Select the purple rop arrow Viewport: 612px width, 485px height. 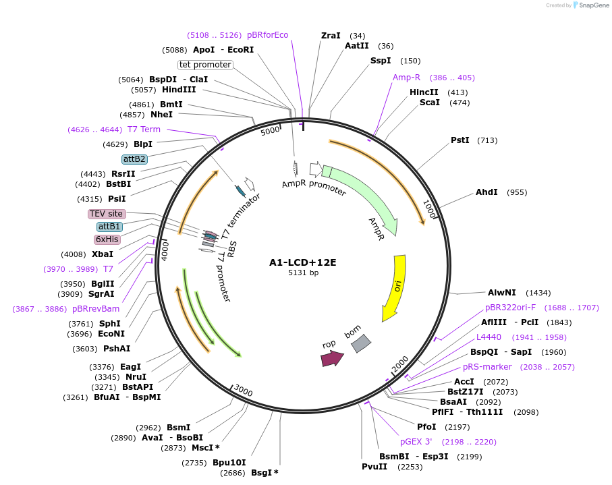331,358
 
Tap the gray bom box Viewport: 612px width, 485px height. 361,343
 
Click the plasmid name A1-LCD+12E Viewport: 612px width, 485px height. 302,262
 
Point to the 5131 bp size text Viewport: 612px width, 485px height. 303,273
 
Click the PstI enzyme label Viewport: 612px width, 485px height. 460,140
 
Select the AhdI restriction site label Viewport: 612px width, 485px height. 486,192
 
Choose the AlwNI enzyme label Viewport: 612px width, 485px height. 501,293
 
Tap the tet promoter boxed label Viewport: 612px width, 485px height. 205,65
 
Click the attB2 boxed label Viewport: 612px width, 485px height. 134,159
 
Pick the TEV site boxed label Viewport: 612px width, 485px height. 107,214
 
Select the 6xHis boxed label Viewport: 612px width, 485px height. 107,239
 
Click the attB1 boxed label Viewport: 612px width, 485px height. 109,227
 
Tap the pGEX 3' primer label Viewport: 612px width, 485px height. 416,442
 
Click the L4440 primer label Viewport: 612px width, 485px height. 489,337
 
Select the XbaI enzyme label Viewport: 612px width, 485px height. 103,254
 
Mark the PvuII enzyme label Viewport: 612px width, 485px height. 374,467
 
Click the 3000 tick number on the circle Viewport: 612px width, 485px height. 243,392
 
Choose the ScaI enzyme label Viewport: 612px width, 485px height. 429,103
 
